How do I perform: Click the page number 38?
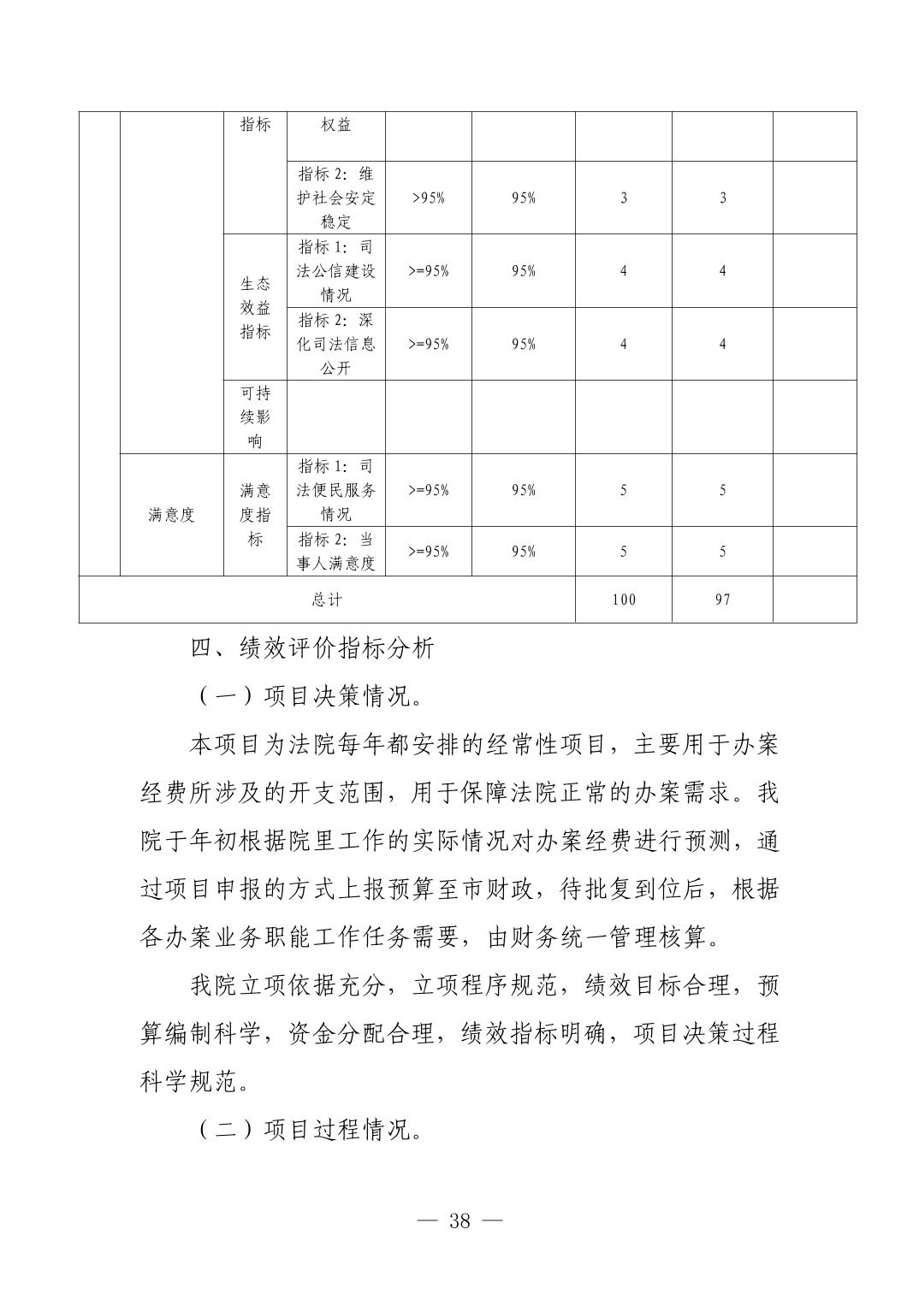click(x=459, y=1220)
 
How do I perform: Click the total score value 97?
click(x=723, y=600)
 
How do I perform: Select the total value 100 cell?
click(x=624, y=600)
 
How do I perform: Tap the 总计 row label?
click(x=327, y=600)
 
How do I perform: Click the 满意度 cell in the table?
click(x=172, y=515)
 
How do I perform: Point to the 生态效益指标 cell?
click(x=255, y=308)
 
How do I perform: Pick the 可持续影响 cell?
click(x=255, y=417)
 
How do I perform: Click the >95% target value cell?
click(x=428, y=198)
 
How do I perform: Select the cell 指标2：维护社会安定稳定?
click(x=336, y=198)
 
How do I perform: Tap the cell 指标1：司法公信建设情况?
click(x=336, y=271)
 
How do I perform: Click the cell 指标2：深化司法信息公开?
click(x=336, y=344)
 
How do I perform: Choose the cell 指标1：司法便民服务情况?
click(x=336, y=490)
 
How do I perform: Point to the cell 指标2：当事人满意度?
click(x=336, y=552)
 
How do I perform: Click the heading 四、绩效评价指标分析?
click(x=313, y=648)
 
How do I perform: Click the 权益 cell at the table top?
click(x=336, y=125)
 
